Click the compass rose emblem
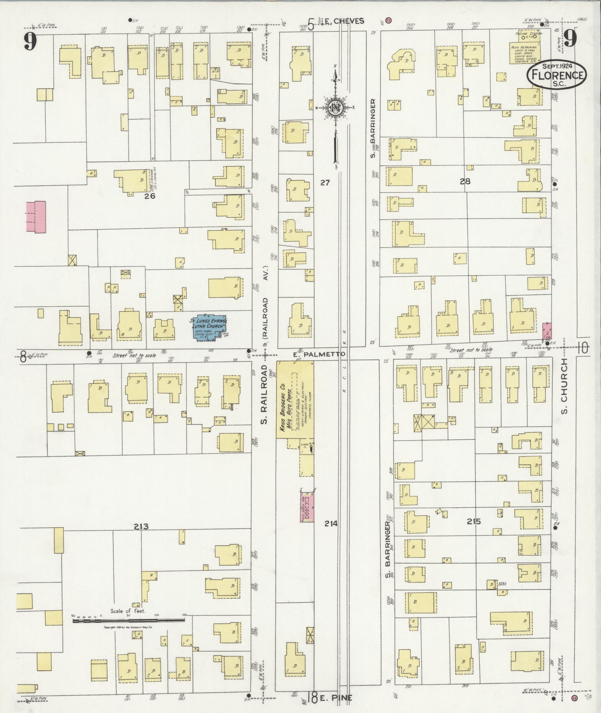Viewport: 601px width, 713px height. [x=335, y=108]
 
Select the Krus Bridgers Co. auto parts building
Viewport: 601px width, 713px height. [x=294, y=399]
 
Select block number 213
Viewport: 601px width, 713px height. [x=141, y=527]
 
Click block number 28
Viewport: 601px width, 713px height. [x=465, y=182]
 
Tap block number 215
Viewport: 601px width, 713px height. [x=474, y=521]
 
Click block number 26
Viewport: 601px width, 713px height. [x=150, y=196]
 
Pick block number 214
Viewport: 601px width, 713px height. [x=330, y=524]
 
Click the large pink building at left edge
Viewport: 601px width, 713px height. [x=36, y=217]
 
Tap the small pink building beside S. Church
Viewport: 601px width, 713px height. [x=547, y=331]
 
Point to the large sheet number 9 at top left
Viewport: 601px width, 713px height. [x=31, y=41]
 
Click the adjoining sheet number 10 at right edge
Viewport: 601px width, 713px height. [x=583, y=348]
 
